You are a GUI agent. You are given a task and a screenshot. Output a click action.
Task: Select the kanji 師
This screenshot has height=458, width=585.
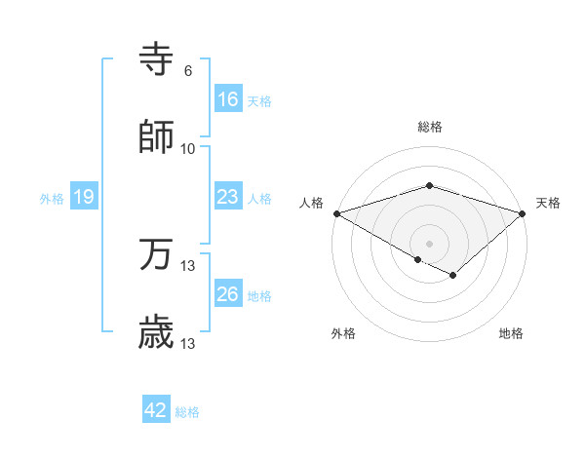point(157,137)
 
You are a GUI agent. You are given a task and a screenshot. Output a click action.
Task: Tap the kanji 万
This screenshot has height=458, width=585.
point(157,256)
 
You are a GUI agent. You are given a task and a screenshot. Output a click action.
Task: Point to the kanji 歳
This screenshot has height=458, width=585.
point(157,333)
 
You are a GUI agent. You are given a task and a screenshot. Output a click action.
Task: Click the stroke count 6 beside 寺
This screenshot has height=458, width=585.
point(188,71)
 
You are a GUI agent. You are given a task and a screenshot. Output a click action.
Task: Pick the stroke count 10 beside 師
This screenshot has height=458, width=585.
point(188,148)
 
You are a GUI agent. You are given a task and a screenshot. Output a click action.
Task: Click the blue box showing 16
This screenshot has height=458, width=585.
point(227,98)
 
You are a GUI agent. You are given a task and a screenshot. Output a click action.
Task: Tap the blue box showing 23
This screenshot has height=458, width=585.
point(227,197)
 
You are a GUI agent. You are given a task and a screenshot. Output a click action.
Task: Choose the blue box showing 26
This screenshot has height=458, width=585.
point(227,294)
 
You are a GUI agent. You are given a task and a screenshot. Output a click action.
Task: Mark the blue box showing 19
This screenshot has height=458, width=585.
point(84,197)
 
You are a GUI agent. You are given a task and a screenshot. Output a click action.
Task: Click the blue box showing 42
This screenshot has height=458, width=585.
point(156,410)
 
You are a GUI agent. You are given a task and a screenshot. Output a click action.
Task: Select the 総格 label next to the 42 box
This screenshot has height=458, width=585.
point(187,412)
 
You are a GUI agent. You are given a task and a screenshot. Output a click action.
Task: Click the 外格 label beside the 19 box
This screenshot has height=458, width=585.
point(52,199)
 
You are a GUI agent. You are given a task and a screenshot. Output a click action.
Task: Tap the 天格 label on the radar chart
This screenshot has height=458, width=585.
point(548,203)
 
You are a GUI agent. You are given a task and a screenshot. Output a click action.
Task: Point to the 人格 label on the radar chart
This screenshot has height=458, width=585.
point(312,203)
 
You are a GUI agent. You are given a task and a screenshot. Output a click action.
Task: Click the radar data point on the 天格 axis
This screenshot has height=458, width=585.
point(524,213)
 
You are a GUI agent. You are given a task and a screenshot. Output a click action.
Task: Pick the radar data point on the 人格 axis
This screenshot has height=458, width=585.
point(336,213)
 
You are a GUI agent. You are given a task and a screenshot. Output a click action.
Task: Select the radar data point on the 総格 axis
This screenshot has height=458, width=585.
point(430,186)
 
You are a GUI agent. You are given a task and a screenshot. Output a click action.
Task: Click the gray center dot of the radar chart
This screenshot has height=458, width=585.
point(430,243)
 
